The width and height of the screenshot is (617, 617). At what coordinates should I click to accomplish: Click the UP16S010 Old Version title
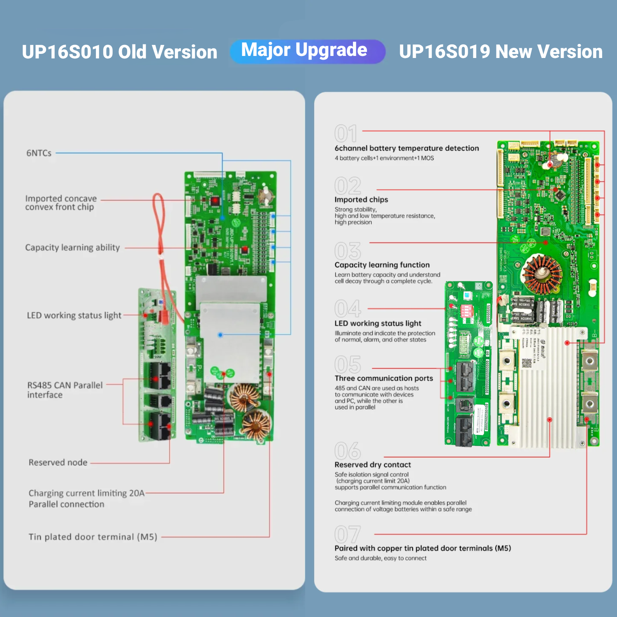pos(119,52)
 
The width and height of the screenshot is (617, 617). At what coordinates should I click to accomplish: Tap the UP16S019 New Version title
pos(500,52)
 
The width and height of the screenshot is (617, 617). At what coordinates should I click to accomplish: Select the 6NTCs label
pos(39,153)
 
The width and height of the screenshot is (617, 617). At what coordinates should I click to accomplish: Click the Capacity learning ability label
pos(72,248)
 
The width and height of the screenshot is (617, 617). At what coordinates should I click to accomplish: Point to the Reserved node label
pos(58,462)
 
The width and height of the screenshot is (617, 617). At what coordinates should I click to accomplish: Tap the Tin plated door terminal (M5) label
pos(93,537)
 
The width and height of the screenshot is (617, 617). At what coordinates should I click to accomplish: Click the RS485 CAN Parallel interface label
pos(65,390)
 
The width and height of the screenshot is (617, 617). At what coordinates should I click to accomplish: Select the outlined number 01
pos(346,134)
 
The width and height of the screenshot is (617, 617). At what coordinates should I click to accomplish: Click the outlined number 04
pos(348,308)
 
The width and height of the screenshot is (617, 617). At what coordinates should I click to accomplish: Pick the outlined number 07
pos(348,534)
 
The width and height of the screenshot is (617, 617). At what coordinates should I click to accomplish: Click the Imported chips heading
pos(361,199)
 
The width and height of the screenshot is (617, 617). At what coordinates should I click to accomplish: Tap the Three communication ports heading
pos(383,378)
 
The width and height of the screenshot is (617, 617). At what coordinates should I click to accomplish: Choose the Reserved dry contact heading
pos(373,464)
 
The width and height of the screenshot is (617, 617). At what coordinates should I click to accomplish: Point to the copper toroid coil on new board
pos(541,274)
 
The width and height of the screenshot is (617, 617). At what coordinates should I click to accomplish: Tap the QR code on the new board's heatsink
pos(527,363)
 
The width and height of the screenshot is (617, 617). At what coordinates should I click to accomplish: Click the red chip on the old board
pos(214,201)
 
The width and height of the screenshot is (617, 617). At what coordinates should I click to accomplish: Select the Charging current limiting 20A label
pos(86,493)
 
